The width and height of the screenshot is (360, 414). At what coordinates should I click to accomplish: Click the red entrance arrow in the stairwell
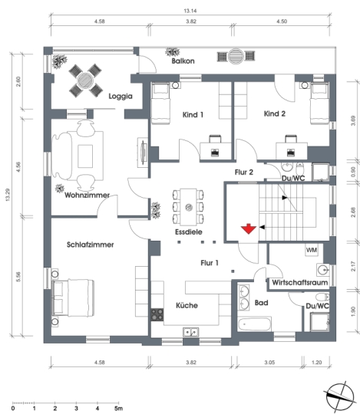(249, 228)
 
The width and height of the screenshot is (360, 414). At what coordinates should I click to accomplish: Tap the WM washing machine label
(312, 250)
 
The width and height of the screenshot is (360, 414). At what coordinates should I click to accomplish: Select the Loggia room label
(121, 96)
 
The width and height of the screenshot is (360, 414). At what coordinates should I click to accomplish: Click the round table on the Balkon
(236, 56)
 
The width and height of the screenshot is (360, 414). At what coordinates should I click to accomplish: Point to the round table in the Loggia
(85, 80)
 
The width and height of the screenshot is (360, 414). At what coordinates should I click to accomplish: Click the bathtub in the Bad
(254, 324)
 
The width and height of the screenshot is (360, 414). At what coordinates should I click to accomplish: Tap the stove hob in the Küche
(157, 315)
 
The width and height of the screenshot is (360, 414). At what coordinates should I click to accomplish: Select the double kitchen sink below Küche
(191, 332)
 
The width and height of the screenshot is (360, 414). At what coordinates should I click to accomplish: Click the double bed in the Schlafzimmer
(73, 297)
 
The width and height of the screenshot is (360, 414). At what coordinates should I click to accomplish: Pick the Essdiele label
(189, 232)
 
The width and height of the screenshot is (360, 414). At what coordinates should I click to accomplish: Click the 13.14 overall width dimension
(190, 11)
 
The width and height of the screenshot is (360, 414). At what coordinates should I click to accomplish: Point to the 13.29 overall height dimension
(8, 195)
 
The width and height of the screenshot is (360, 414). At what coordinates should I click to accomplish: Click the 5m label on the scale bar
(118, 409)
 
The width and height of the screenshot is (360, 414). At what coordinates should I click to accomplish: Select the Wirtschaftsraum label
(299, 282)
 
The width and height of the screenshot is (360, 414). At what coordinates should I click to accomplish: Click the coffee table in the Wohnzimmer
(85, 156)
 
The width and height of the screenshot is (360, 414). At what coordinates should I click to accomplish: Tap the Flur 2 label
(244, 172)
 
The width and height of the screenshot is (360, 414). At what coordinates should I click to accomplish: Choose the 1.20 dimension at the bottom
(316, 362)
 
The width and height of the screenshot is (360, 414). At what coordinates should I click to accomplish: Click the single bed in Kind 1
(160, 103)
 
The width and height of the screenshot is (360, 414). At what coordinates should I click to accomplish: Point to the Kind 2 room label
(275, 113)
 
